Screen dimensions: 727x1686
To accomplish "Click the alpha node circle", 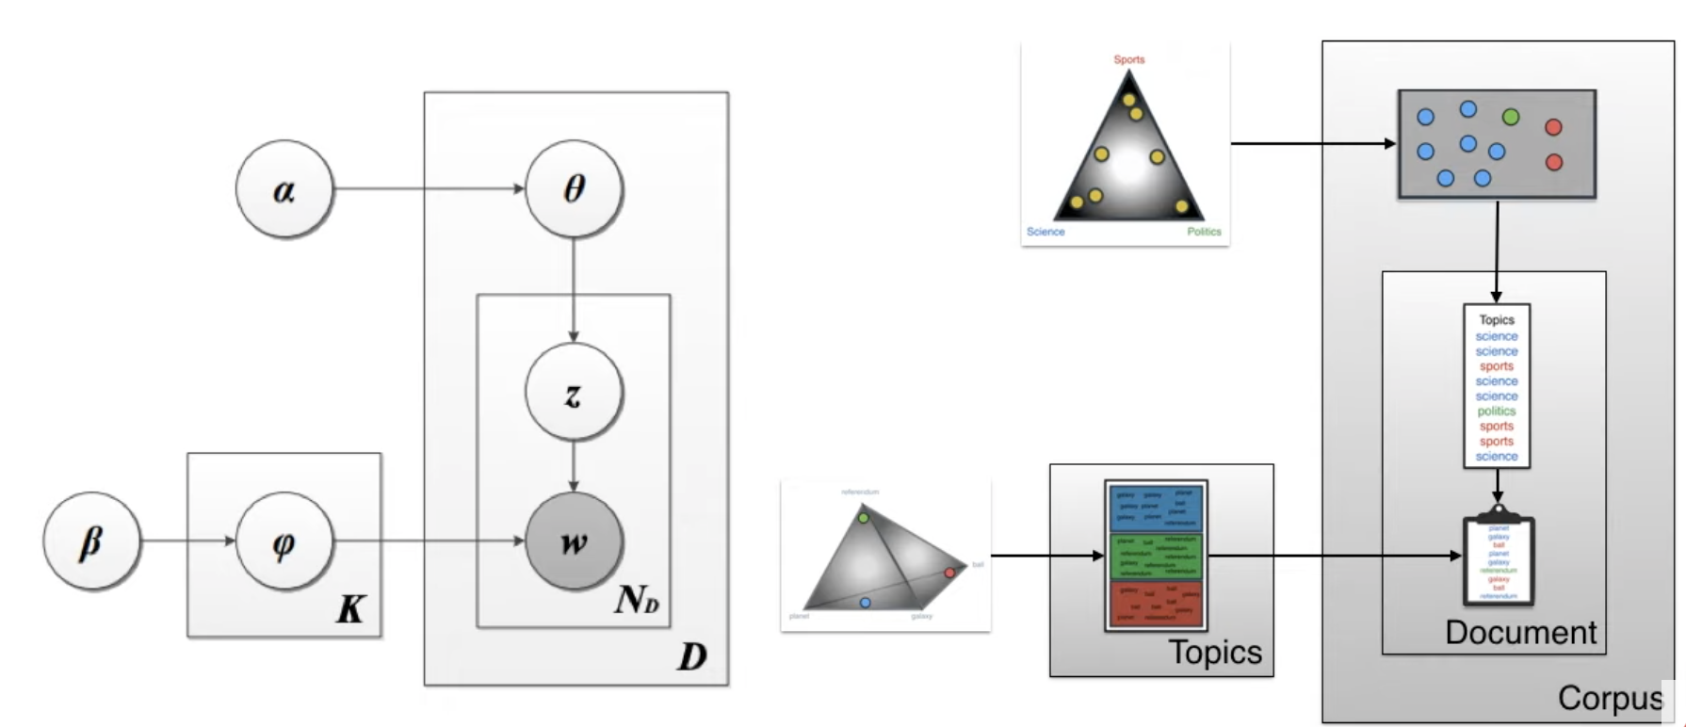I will click(284, 189).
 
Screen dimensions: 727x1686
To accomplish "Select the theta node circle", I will click(574, 189).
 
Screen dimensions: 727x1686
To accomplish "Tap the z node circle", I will click(574, 393).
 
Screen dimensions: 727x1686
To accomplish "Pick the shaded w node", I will click(574, 541).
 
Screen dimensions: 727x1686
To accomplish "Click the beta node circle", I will click(91, 541).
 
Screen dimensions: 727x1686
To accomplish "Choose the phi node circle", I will click(284, 541).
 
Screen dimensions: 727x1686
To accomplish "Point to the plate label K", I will click(350, 609).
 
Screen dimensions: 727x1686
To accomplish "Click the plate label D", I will click(691, 656).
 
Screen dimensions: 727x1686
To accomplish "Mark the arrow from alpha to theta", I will click(429, 189).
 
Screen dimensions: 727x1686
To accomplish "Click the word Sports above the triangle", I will click(1128, 59).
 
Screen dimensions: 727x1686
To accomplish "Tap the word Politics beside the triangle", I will click(1203, 232).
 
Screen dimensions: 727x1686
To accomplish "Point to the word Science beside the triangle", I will click(1046, 232).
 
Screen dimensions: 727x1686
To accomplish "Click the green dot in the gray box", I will click(1511, 117).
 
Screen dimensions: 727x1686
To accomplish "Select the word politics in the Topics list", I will click(1496, 412).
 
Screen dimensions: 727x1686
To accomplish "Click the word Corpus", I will click(1610, 698).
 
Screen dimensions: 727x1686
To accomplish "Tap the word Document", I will click(1520, 633).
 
